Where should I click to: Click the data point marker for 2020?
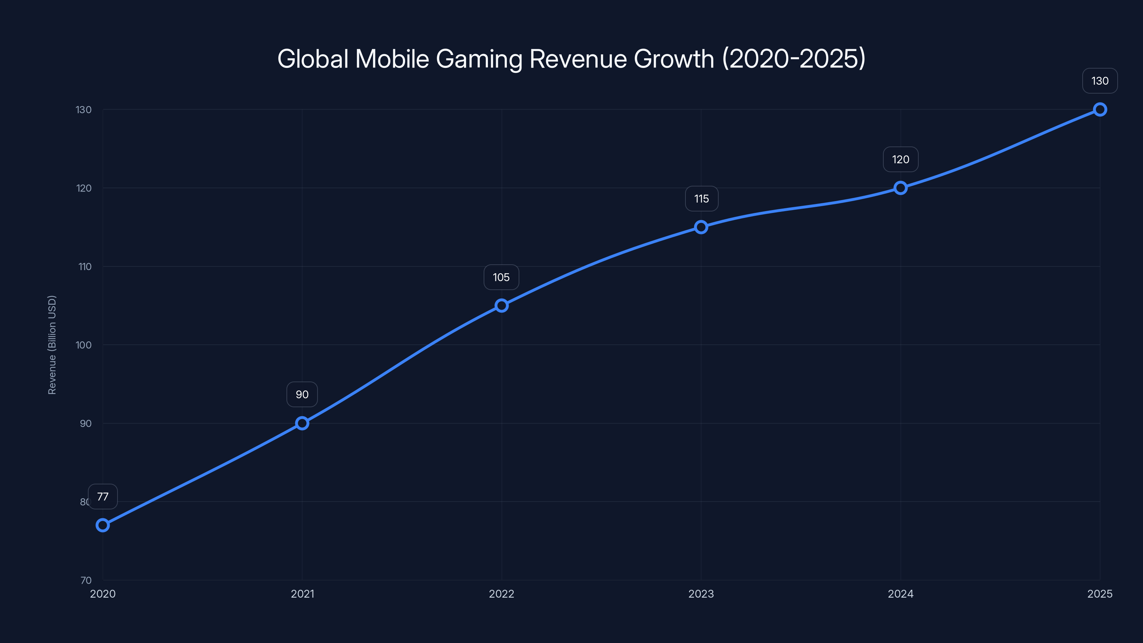[x=103, y=525]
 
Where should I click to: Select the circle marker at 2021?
[x=302, y=423]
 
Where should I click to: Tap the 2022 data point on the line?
[x=501, y=305]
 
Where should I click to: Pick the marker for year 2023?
[x=701, y=227]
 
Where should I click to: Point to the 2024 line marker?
[x=900, y=188]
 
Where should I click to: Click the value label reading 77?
[x=103, y=497]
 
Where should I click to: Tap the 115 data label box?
[x=702, y=199]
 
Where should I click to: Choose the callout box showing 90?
[x=302, y=394]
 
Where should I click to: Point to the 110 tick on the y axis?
[x=85, y=267]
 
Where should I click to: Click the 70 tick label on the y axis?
[x=86, y=580]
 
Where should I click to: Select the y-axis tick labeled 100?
[x=84, y=345]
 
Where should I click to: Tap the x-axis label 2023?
[x=701, y=594]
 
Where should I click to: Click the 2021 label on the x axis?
[x=302, y=594]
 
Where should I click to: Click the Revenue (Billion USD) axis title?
[x=52, y=345]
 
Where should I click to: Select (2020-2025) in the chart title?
[x=794, y=59]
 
